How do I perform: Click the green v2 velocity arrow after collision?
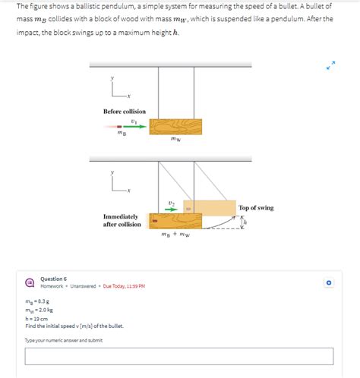pos(172,209)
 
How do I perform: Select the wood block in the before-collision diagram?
pos(175,126)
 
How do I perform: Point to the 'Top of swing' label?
pos(256,207)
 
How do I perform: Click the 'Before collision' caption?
pos(125,112)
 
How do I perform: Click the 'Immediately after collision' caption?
pos(122,220)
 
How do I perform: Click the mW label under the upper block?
pos(175,140)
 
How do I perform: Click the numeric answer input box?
pos(179,356)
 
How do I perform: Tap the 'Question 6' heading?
pos(53,279)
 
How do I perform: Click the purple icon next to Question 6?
pos(30,282)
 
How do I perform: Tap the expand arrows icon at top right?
pos(330,67)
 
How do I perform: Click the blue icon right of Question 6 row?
pos(329,282)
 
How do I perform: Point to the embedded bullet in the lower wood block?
pos(153,222)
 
